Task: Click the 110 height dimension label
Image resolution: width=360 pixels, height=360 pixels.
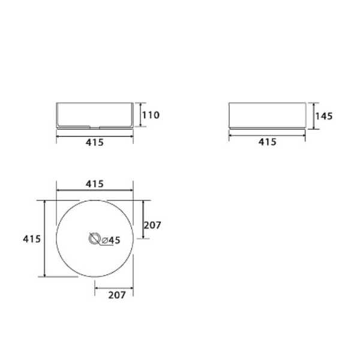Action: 151,115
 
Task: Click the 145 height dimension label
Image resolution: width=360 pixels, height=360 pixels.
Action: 324,116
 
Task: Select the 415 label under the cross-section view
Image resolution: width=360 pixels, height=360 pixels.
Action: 95,143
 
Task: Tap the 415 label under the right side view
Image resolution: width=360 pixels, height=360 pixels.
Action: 267,142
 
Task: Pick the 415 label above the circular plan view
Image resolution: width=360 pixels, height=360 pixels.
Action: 95,184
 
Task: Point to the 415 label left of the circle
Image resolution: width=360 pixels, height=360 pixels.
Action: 32,239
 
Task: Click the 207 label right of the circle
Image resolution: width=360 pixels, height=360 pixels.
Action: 152,225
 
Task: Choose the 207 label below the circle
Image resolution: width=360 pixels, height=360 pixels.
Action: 117,295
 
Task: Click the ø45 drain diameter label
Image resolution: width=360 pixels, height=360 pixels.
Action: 111,240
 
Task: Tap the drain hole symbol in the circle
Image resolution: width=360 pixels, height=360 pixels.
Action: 95,239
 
